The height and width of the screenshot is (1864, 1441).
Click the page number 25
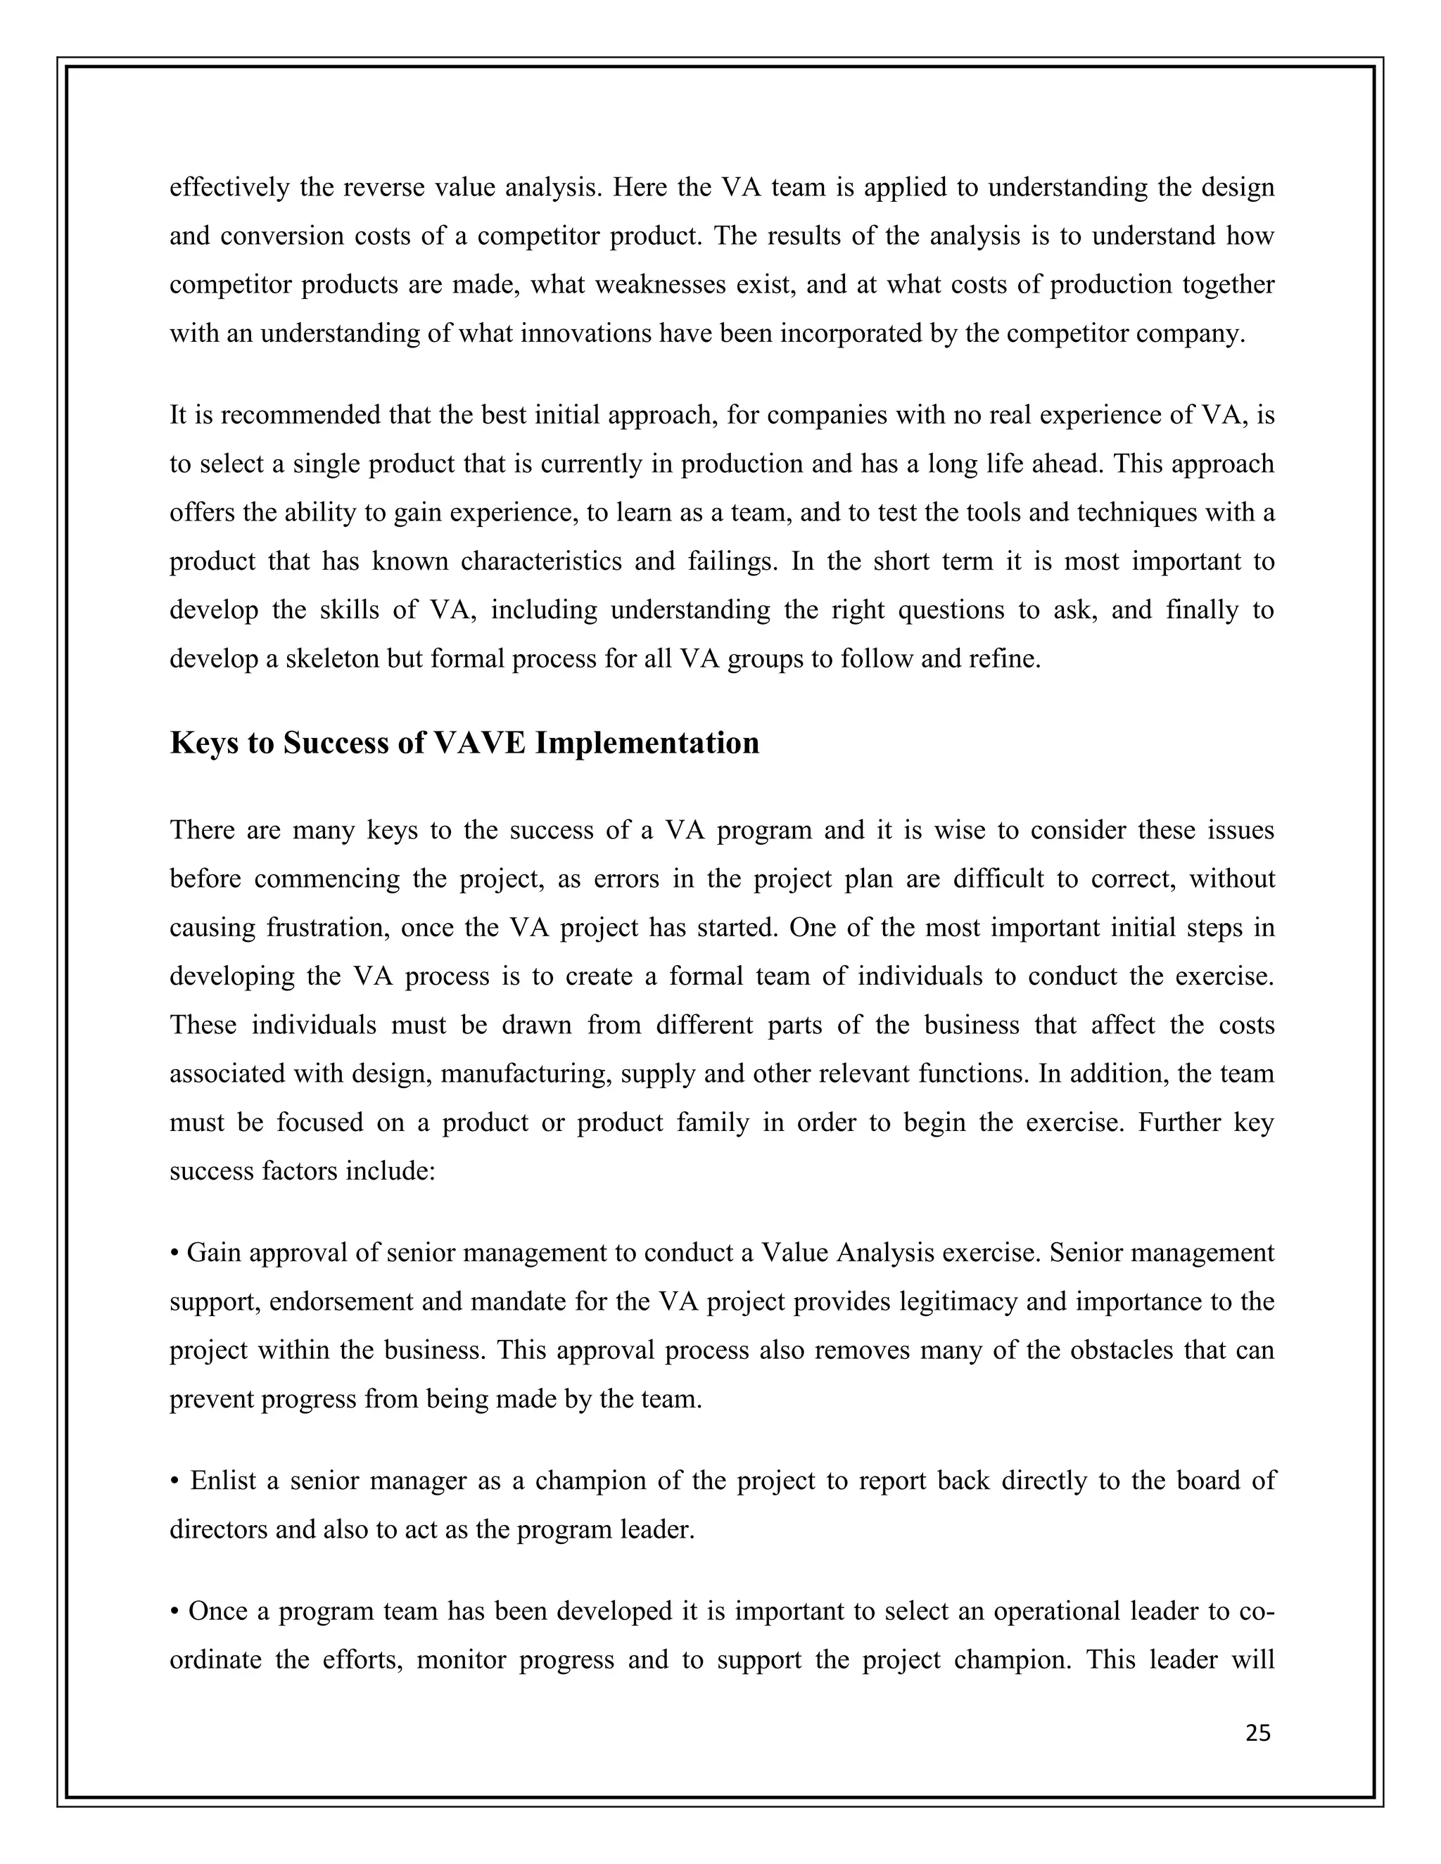1257,1732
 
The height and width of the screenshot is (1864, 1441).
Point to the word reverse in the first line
384,187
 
